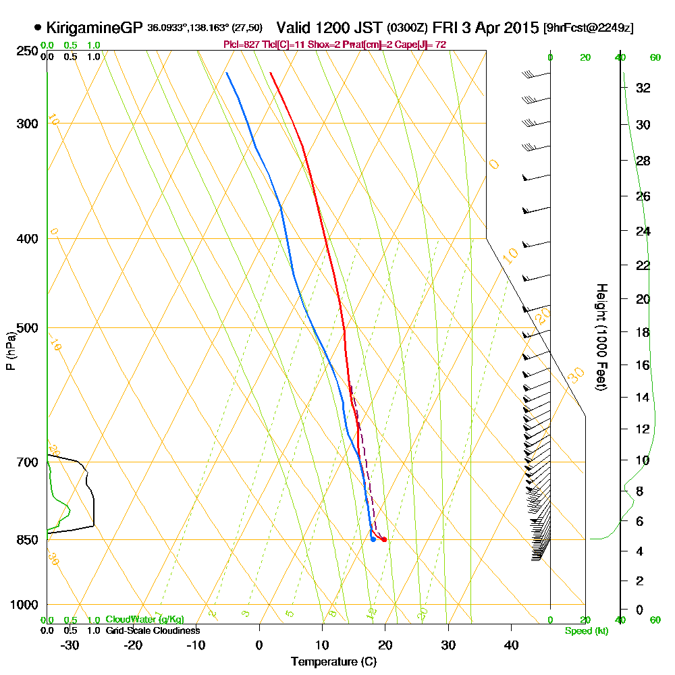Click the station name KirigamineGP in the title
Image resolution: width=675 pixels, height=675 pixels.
[x=94, y=28]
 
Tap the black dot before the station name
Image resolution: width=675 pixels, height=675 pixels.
[x=37, y=28]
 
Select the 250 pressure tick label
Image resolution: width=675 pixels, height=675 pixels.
[x=26, y=51]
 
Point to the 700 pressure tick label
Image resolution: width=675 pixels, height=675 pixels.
[x=26, y=462]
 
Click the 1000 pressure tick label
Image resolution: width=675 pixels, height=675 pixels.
[x=23, y=605]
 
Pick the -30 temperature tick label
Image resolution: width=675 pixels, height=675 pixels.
[x=70, y=645]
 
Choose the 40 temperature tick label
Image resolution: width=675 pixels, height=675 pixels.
[x=511, y=645]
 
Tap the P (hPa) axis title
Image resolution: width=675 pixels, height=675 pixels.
[x=10, y=351]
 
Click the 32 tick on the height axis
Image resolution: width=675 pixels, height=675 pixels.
[x=643, y=88]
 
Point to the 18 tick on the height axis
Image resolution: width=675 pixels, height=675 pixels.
[x=643, y=332]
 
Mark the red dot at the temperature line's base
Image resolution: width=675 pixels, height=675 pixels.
[x=384, y=539]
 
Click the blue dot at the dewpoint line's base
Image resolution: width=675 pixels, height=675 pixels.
[x=373, y=539]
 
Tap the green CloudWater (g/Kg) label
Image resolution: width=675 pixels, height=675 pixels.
[x=144, y=620]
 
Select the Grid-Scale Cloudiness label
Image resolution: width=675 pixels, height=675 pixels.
[x=152, y=630]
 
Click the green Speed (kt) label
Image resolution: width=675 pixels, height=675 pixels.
[x=585, y=630]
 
